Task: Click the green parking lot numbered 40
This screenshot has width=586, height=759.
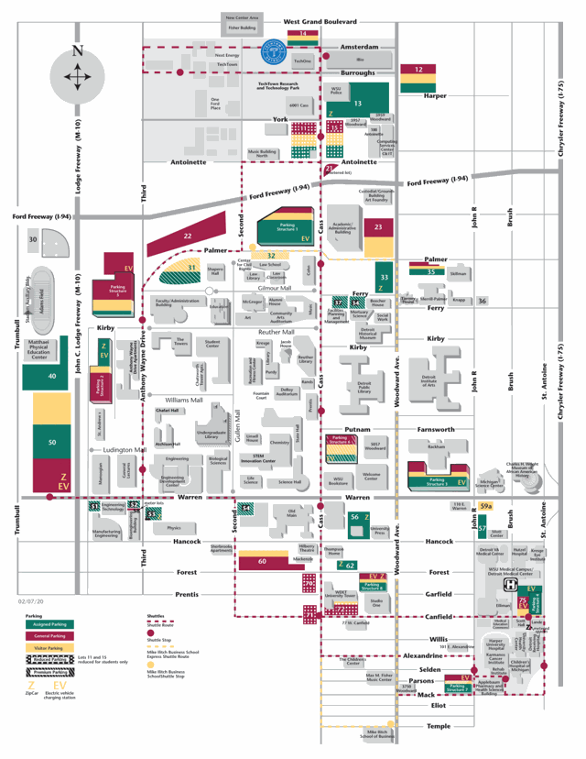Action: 51,376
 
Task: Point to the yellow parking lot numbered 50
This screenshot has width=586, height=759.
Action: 51,442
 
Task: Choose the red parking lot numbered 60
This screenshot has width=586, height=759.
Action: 263,561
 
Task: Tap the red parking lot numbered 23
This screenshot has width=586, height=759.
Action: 377,225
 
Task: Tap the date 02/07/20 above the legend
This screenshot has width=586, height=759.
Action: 30,601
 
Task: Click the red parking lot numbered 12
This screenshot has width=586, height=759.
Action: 418,69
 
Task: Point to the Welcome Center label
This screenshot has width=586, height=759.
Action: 371,476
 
